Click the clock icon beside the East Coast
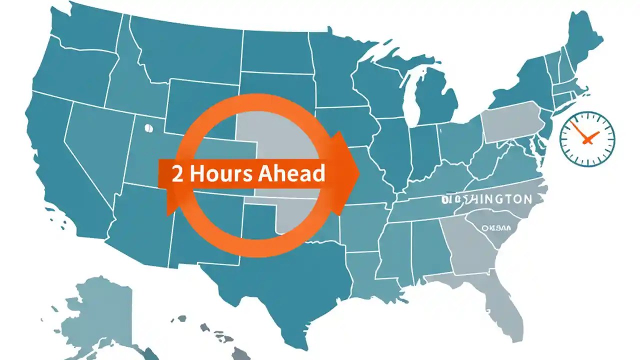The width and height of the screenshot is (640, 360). coord(587,138)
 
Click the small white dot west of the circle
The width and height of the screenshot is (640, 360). coord(147,128)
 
